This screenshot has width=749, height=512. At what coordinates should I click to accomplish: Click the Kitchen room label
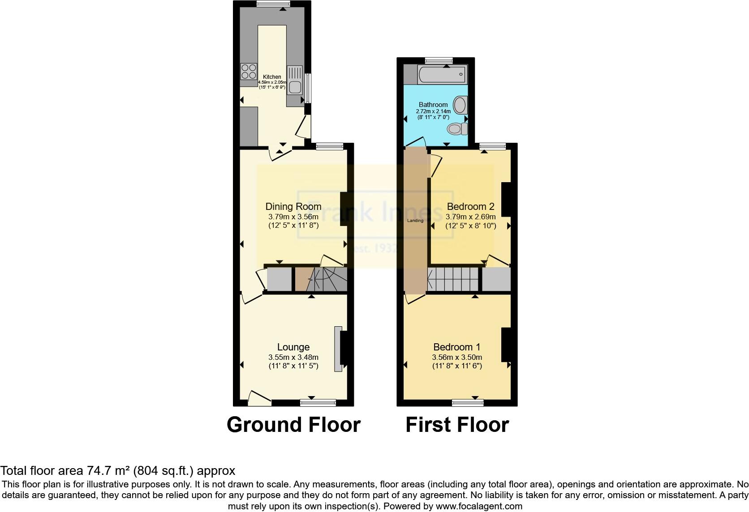[272, 77]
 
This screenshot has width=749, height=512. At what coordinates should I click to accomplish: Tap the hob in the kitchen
[248, 72]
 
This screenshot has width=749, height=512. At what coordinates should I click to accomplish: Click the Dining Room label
[293, 206]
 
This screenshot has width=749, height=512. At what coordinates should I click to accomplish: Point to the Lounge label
[293, 347]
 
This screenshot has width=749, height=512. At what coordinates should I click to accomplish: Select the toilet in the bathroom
[457, 129]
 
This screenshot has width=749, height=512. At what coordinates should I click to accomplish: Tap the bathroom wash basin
[461, 105]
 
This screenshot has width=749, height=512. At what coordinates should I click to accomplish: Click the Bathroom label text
[433, 105]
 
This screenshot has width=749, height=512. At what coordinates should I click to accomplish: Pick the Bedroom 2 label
[470, 206]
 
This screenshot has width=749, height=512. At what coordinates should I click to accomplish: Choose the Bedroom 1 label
[457, 347]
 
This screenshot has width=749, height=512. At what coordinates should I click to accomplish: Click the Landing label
[415, 221]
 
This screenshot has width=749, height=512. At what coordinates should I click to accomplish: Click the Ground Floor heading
[293, 424]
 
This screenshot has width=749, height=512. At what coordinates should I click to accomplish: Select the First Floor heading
[457, 424]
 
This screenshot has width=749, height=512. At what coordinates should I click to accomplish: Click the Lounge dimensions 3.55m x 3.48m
[293, 357]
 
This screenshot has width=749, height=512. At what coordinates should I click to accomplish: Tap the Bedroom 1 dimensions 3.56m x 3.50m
[457, 357]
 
